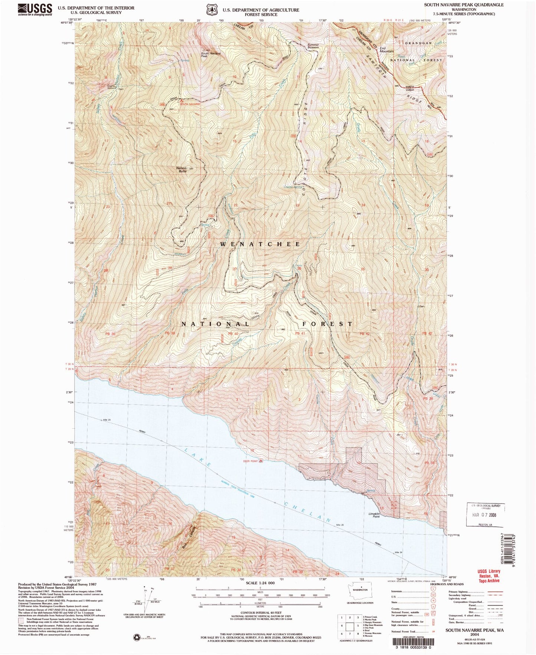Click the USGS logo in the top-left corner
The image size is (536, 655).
[x=34, y=9]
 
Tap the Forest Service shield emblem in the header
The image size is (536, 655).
[x=212, y=9]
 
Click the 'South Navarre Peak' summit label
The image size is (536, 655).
[x=210, y=54]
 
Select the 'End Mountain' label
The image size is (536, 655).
[x=386, y=50]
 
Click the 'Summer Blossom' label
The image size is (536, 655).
[x=313, y=46]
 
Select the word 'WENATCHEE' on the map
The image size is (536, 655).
[x=260, y=244]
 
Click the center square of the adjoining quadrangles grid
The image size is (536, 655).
[x=349, y=626]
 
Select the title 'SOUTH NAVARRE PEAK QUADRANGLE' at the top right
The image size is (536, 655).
[x=464, y=5]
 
